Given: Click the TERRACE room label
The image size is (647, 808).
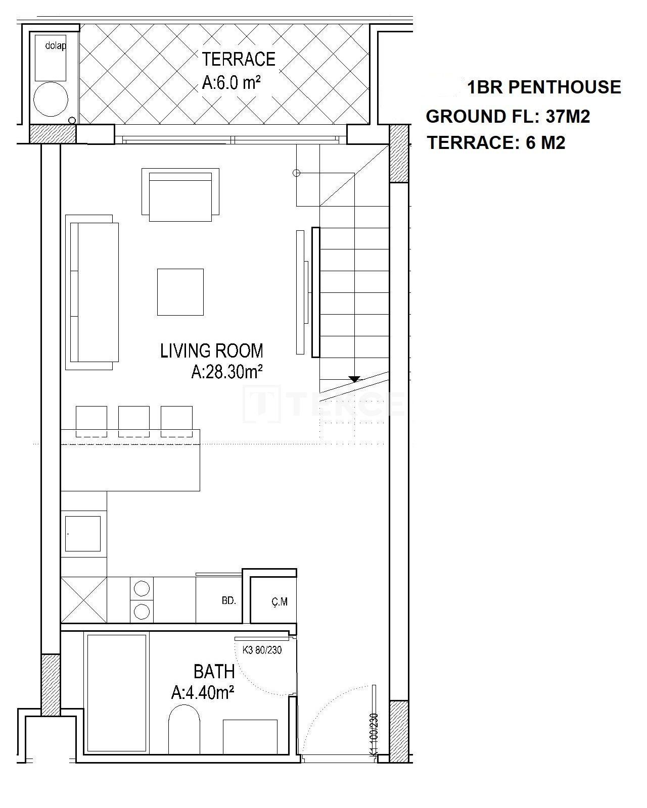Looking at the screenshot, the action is (239, 59).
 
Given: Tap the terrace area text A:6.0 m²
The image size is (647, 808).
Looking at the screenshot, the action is (232, 83).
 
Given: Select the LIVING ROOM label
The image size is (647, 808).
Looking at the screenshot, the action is (212, 350).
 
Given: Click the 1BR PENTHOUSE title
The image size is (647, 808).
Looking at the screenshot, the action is (543, 87).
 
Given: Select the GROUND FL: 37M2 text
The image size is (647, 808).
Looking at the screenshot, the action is (508, 116).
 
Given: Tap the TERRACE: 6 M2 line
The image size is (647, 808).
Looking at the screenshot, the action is (496, 143).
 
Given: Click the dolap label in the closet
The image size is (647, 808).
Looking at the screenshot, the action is (56, 45).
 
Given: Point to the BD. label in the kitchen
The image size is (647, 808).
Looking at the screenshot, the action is (228, 600).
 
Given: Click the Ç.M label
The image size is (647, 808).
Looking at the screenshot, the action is (280, 601).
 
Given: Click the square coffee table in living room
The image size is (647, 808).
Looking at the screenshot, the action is (180, 292).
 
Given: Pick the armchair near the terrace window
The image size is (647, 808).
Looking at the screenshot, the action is (180, 194).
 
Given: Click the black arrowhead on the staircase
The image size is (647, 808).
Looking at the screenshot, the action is (354, 379).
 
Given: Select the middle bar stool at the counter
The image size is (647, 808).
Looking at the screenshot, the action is (134, 421).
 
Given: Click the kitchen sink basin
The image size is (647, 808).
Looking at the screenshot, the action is (83, 534).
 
